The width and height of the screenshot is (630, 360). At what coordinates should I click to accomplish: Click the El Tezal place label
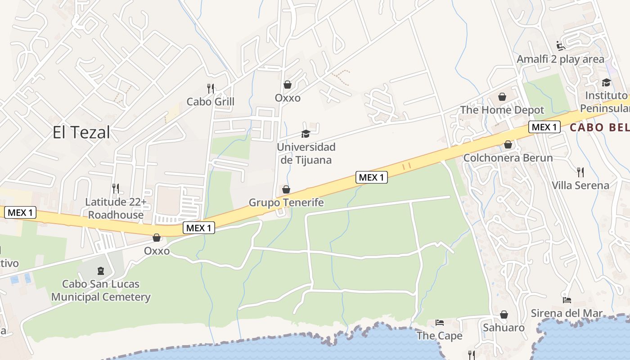pos(81,133)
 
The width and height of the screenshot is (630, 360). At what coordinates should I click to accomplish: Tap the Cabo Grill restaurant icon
pos(211,88)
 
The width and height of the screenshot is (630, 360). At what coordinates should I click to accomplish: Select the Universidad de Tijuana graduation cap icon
pos(306,134)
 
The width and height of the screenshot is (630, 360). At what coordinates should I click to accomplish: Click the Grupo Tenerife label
pos(286,202)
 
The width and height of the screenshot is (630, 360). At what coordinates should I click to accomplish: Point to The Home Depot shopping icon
pos(502,97)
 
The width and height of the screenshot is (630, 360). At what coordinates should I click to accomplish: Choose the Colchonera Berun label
pos(508,158)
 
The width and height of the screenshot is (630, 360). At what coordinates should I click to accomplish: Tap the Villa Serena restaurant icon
pos(580,172)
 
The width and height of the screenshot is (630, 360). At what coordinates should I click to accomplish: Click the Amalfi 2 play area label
pos(560,59)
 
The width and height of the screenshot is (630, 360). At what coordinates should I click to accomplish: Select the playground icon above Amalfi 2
pos(561,45)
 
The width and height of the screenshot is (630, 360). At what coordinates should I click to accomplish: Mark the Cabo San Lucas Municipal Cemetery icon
pos(101,271)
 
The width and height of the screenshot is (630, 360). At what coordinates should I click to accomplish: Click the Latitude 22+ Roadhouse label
pos(116,208)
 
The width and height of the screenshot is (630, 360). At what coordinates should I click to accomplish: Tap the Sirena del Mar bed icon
pos(567,300)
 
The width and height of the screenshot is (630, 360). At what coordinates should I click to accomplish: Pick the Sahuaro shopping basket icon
pos(504,314)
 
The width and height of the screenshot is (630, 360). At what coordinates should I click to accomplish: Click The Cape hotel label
pos(439,336)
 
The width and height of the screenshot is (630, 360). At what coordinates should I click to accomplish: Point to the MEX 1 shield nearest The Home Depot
pos(544,127)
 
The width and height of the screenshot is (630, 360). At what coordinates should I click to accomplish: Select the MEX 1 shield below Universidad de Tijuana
pos(372,177)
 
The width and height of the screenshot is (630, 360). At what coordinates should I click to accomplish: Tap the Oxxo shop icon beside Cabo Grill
pos(288,85)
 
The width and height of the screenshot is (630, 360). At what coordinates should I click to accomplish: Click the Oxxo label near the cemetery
pos(157,251)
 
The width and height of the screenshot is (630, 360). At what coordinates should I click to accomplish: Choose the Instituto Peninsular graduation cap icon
pos(606,82)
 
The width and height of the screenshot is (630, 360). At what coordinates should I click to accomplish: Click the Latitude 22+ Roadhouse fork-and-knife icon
pos(116,188)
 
